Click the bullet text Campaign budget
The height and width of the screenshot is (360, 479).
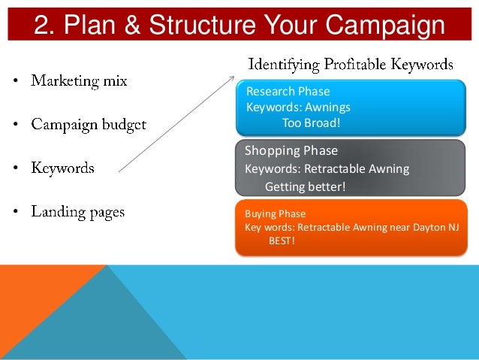point(89,124)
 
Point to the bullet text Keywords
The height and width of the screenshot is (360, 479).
point(62,168)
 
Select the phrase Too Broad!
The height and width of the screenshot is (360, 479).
point(311,123)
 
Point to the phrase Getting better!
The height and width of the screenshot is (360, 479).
point(306,187)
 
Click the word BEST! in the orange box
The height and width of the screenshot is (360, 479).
point(282,241)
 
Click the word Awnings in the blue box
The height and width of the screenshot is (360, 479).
point(328,107)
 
